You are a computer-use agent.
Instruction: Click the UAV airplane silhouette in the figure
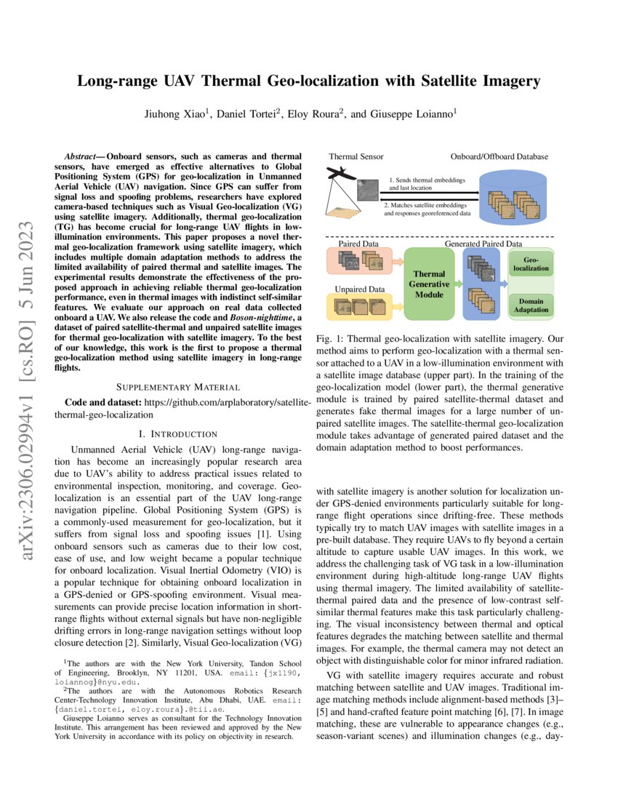[340, 175]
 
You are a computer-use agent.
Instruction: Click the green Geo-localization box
[531, 264]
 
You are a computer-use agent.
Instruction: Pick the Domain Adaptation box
[531, 305]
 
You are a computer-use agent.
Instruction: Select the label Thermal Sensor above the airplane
[356, 156]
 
